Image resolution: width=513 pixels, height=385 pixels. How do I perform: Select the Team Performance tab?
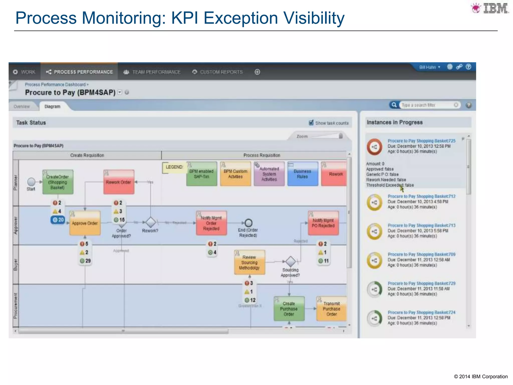click(152, 72)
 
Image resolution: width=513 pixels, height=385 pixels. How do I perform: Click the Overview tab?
click(22, 107)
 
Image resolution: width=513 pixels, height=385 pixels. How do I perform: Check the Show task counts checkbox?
click(311, 123)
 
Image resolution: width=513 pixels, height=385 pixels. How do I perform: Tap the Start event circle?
click(31, 181)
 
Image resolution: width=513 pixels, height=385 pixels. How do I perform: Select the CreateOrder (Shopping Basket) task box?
click(58, 182)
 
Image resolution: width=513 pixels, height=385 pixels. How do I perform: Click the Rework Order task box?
click(119, 182)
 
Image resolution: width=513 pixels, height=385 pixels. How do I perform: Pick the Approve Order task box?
click(85, 223)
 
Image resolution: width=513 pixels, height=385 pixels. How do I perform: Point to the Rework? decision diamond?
click(151, 222)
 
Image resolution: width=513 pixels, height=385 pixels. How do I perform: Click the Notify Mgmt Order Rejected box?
click(211, 223)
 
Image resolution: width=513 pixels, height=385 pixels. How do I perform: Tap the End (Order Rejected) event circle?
click(248, 223)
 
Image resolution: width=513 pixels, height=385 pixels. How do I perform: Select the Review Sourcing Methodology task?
click(249, 262)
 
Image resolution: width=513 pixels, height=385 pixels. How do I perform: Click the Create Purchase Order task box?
click(289, 309)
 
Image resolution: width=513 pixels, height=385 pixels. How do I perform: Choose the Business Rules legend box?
click(302, 174)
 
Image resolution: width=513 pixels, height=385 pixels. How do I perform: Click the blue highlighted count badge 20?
click(58, 220)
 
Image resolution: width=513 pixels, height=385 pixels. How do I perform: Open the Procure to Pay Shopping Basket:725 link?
click(421, 141)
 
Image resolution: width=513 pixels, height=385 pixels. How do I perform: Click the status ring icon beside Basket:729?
click(374, 290)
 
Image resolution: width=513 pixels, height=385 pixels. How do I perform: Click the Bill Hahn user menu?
click(429, 67)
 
